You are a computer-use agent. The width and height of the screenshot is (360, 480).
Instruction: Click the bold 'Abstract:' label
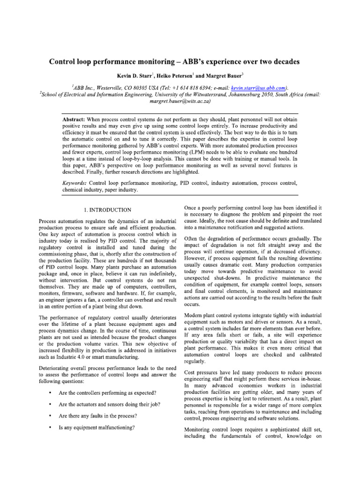pos(77,120)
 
